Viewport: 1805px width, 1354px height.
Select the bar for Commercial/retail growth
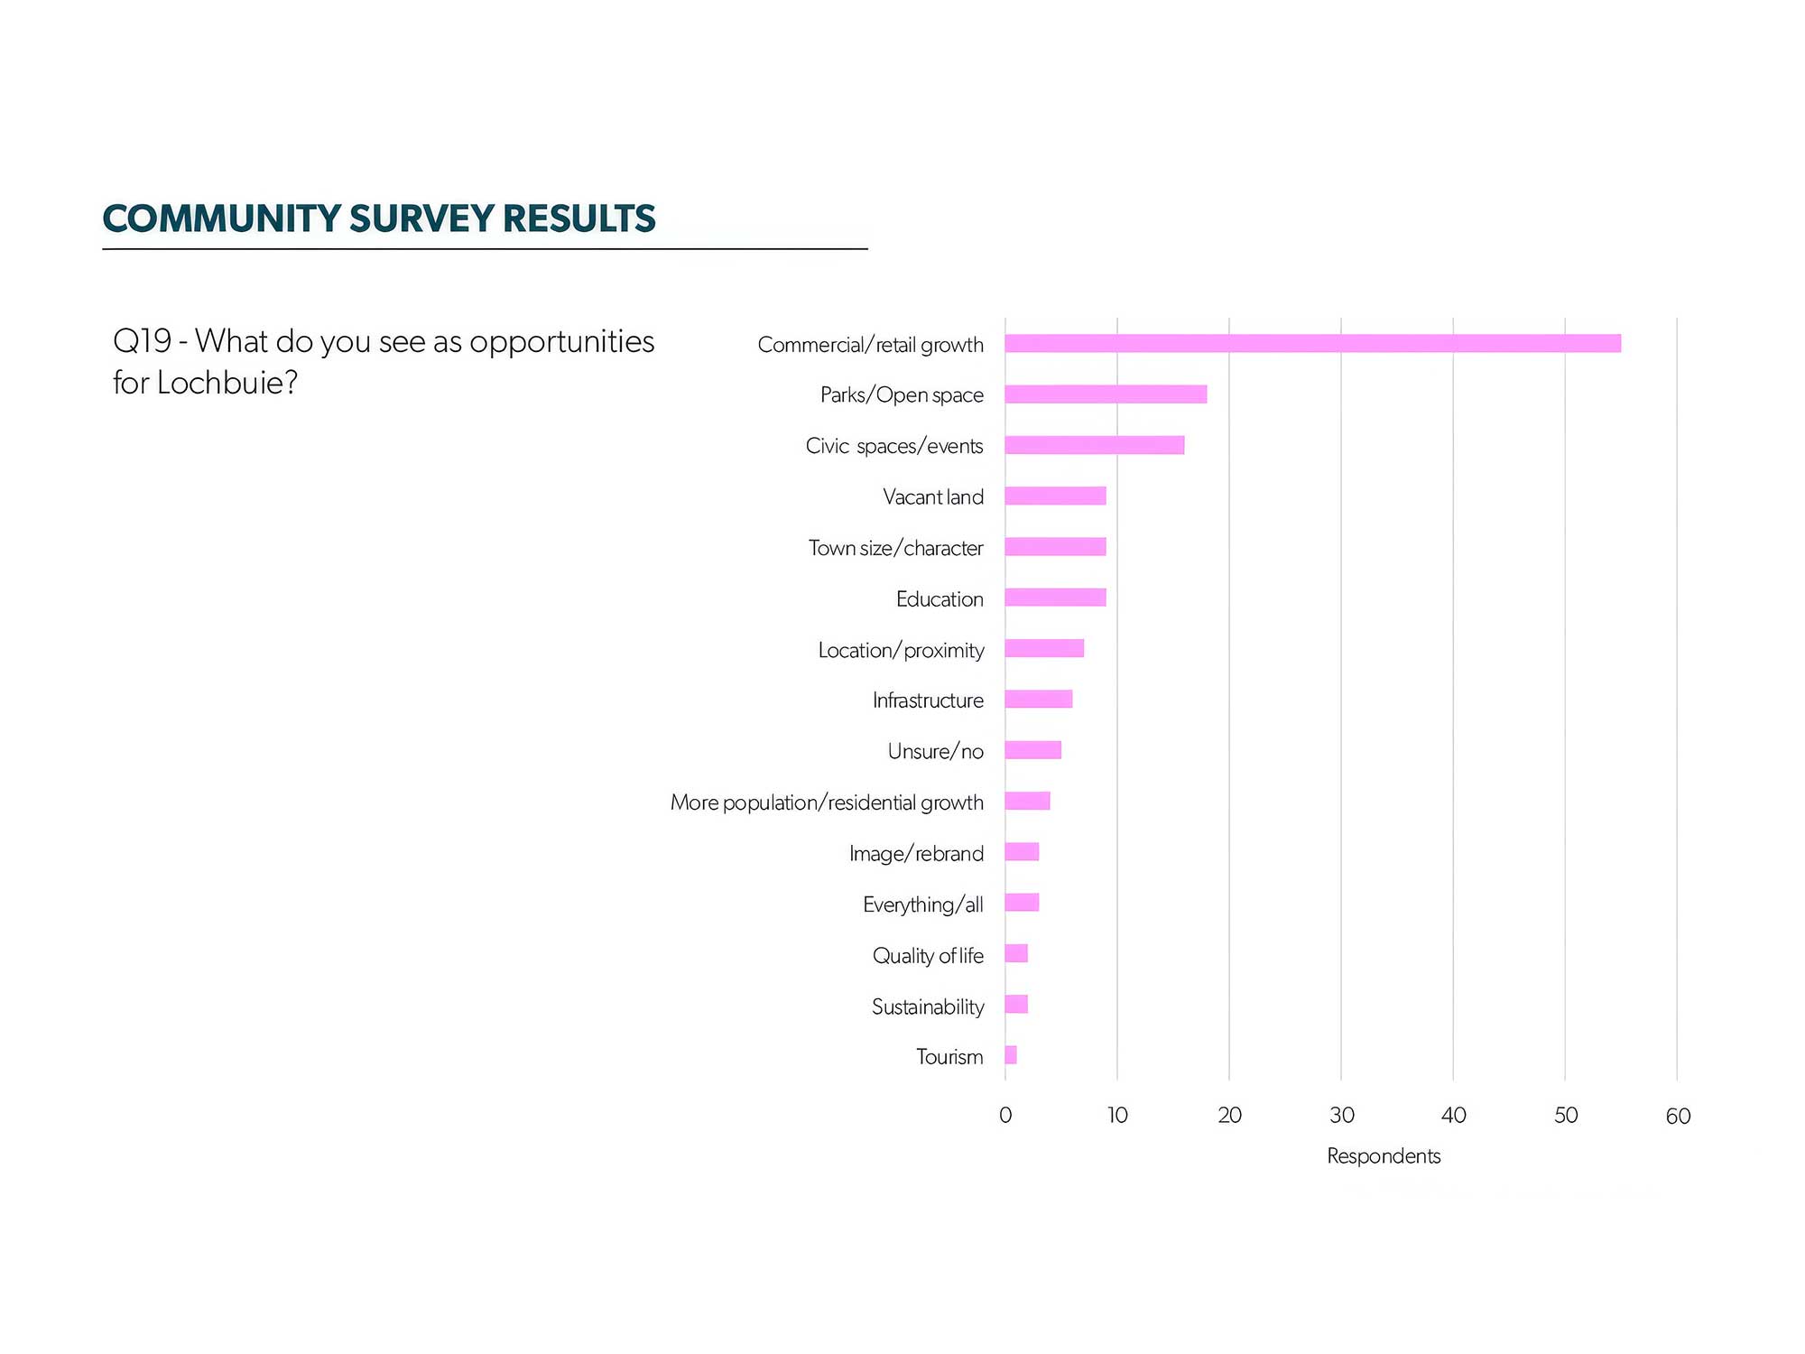pos(1313,343)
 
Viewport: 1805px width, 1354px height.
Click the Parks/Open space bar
pos(1106,394)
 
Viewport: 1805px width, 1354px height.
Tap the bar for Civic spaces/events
pos(1095,445)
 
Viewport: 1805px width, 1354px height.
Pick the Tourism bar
pos(1011,1055)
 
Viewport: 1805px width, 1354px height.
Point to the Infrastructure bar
pos(1039,699)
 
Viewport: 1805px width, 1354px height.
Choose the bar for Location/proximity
pos(1044,648)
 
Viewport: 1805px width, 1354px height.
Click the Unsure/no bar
pos(1033,750)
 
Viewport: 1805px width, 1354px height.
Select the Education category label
pos(940,599)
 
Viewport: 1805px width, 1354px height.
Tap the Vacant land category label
pos(933,497)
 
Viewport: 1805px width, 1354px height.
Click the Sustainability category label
pos(928,1007)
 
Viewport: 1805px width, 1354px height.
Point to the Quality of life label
pos(928,956)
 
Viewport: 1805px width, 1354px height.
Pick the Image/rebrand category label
pos(916,854)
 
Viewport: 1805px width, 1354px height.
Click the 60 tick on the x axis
pos(1678,1117)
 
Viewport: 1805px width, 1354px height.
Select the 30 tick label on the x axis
pos(1342,1116)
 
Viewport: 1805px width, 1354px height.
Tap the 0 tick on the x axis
pos(1005,1116)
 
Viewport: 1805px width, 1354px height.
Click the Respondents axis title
pos(1384,1156)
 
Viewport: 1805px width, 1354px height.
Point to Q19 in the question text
pos(143,341)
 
